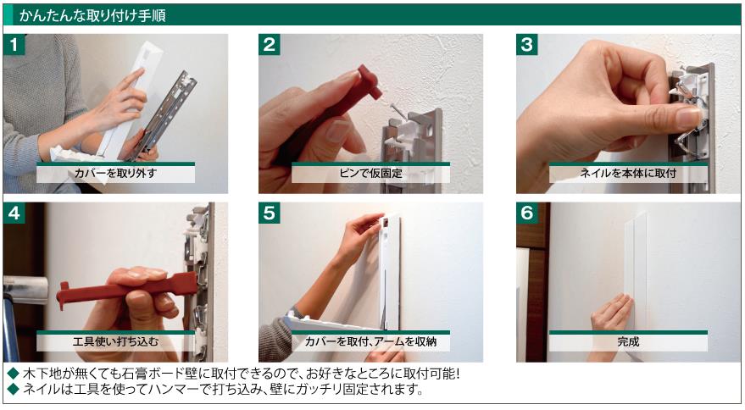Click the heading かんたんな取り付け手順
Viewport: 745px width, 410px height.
click(x=92, y=15)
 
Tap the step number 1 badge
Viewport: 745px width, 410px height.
click(x=14, y=44)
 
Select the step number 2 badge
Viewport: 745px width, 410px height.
click(x=269, y=44)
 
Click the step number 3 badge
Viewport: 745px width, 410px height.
click(x=527, y=44)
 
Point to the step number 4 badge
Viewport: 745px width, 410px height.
click(x=14, y=213)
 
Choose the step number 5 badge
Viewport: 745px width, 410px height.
click(x=269, y=213)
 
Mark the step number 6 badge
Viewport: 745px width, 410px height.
click(x=527, y=213)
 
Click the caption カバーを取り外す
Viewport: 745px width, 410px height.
click(x=115, y=174)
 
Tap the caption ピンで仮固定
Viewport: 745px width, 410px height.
click(x=370, y=174)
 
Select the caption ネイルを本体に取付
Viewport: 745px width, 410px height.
click(x=628, y=174)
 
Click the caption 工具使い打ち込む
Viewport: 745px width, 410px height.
click(x=115, y=341)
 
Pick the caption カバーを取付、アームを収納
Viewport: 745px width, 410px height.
click(x=370, y=341)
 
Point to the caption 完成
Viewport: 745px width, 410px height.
click(x=628, y=341)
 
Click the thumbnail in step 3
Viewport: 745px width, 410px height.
click(x=688, y=116)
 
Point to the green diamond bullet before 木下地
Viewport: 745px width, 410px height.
click(x=13, y=374)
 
